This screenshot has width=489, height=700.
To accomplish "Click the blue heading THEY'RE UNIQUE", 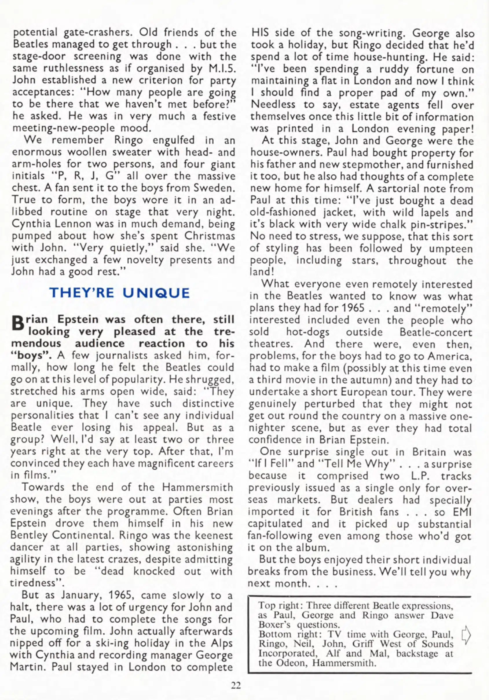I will [120, 293].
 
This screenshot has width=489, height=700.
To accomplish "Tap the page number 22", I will [236, 686].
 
